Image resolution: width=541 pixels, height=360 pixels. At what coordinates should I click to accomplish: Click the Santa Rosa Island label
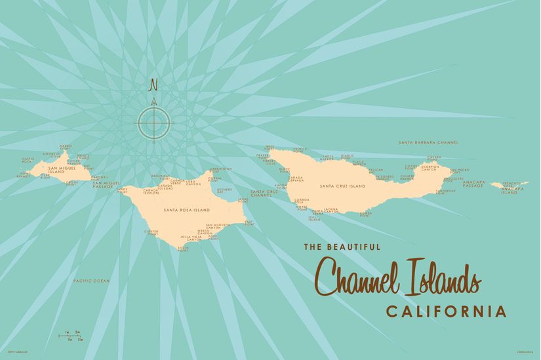point(186,210)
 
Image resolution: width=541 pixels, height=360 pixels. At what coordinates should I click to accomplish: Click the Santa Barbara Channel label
point(428,142)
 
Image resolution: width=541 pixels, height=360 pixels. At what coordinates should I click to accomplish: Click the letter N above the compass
point(154,85)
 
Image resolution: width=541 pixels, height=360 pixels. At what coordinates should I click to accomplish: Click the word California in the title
point(446,311)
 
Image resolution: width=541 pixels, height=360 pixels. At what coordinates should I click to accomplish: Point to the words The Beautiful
point(342,247)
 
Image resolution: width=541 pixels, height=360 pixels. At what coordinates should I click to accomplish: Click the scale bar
point(72,336)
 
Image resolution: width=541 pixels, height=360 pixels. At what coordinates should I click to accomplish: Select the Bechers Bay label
point(224,191)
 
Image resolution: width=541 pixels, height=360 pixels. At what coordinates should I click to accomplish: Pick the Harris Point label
point(66,148)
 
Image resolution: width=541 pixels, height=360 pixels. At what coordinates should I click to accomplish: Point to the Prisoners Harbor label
point(384,177)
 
